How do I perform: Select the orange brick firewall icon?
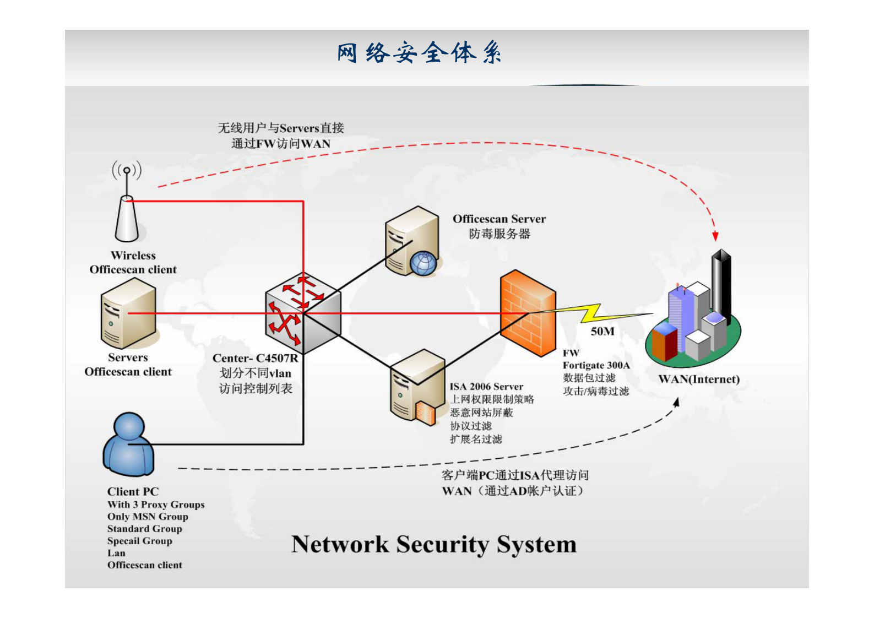coord(527,313)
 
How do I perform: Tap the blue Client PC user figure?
coord(128,445)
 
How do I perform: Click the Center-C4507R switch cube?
coord(302,313)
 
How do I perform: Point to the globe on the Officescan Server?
coord(423,263)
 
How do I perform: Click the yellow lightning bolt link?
coord(592,313)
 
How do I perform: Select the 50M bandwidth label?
coord(602,332)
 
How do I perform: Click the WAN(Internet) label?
coord(698,380)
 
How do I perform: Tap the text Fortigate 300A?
coord(596,365)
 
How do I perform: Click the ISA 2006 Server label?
coord(486,387)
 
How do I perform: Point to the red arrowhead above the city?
coord(715,236)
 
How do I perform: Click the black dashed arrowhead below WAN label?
coord(676,403)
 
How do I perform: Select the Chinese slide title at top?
coord(419,53)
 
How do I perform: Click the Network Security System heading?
coord(433,544)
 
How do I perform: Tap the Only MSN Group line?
coord(148,517)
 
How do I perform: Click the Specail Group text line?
coord(139,541)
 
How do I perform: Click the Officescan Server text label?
coord(499,219)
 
